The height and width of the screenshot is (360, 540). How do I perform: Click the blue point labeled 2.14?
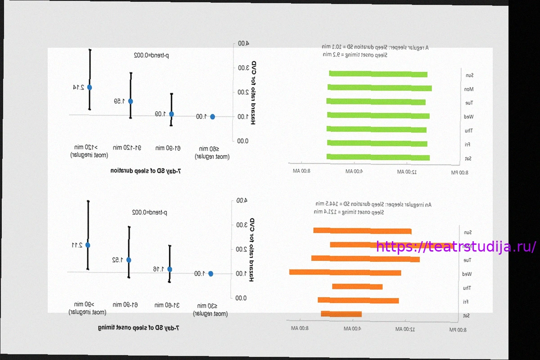(x=90, y=87)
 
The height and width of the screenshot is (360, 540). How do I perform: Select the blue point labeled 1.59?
(x=130, y=101)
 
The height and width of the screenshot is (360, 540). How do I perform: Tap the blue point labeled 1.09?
(x=171, y=114)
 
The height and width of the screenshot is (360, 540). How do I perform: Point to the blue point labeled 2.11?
(x=88, y=245)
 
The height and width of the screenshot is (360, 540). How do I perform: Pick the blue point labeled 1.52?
(x=129, y=260)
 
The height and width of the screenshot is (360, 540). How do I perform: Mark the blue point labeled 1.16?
(x=170, y=269)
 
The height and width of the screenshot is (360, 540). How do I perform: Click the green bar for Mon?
(x=379, y=88)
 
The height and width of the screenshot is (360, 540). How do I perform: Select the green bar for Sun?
(x=378, y=74)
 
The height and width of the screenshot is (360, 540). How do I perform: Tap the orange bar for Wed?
(x=345, y=272)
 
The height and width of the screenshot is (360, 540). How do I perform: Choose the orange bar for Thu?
(x=357, y=287)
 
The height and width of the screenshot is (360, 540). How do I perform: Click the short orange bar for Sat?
(x=341, y=314)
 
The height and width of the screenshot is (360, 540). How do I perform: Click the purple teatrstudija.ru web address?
(x=456, y=247)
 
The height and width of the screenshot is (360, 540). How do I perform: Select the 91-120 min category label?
(x=127, y=148)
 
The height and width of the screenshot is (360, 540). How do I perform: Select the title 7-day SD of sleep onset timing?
(x=139, y=328)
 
